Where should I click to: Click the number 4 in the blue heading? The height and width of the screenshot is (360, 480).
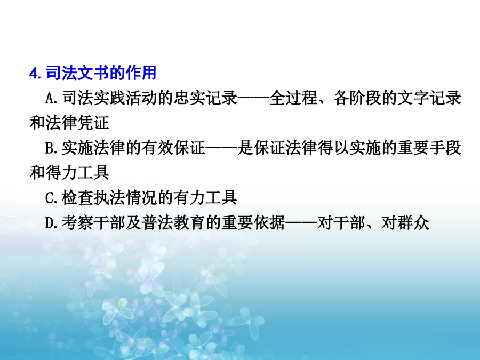(x=33, y=74)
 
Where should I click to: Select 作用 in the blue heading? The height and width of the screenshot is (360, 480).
(x=140, y=73)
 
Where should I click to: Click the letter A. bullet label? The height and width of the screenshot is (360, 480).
(x=51, y=98)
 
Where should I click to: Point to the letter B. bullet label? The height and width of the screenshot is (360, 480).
(x=51, y=148)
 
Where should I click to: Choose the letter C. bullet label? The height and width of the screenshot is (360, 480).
(x=51, y=198)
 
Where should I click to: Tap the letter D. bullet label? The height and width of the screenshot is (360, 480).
(x=51, y=223)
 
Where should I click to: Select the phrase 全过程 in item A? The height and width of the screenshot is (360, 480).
(x=293, y=98)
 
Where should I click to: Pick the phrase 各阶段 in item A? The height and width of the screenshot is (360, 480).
(x=357, y=98)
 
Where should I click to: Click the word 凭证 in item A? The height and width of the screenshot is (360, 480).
(x=93, y=123)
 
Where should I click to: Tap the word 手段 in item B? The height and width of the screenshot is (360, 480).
(x=445, y=148)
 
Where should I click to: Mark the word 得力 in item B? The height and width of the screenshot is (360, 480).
(x=61, y=173)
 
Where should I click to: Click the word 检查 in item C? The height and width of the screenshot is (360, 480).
(x=77, y=197)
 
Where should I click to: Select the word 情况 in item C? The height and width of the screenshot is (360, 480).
(x=141, y=197)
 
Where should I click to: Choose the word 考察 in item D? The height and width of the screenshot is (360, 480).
(x=77, y=222)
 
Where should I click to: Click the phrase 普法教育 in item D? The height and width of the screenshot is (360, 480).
(x=173, y=222)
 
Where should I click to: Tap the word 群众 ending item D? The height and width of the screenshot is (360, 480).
(x=413, y=222)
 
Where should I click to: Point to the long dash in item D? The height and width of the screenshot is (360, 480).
(x=301, y=223)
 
